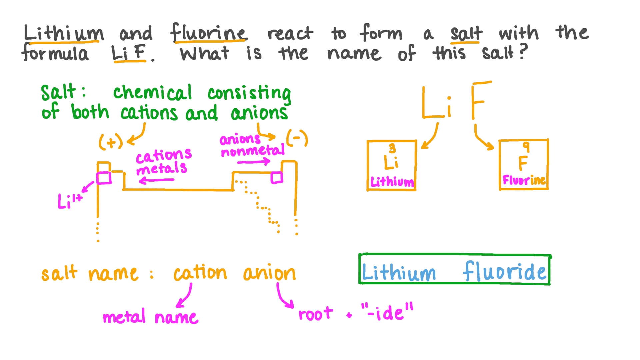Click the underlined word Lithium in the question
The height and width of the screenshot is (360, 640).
point(63,33)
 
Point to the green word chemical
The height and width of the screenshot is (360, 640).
point(152,92)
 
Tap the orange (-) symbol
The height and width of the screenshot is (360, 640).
point(297,139)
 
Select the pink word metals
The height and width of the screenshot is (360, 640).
point(162,168)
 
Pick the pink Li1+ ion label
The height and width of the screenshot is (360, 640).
point(70,201)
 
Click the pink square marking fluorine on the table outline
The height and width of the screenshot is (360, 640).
point(277,177)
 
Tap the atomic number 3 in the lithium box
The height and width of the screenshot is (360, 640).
point(392,148)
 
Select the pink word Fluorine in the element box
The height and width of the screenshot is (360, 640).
point(524,180)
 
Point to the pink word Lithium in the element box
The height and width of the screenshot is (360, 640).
point(392,182)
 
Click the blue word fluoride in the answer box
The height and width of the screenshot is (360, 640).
point(504,271)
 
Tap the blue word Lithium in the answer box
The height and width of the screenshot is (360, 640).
point(399,273)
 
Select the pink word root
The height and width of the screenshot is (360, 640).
point(315,314)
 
